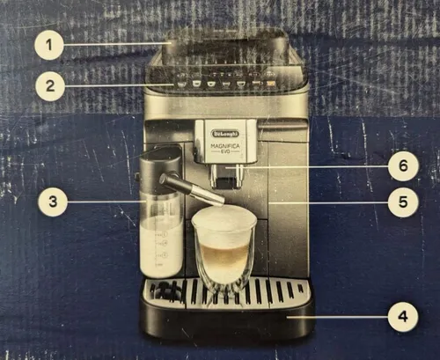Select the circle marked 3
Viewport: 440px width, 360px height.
[54, 202]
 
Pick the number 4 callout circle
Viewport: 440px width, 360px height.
[402, 314]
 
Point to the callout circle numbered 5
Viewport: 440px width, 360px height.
[402, 202]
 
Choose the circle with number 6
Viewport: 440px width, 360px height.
[402, 165]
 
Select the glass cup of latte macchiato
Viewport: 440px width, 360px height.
[224, 251]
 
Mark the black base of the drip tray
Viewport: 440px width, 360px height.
[227, 324]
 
